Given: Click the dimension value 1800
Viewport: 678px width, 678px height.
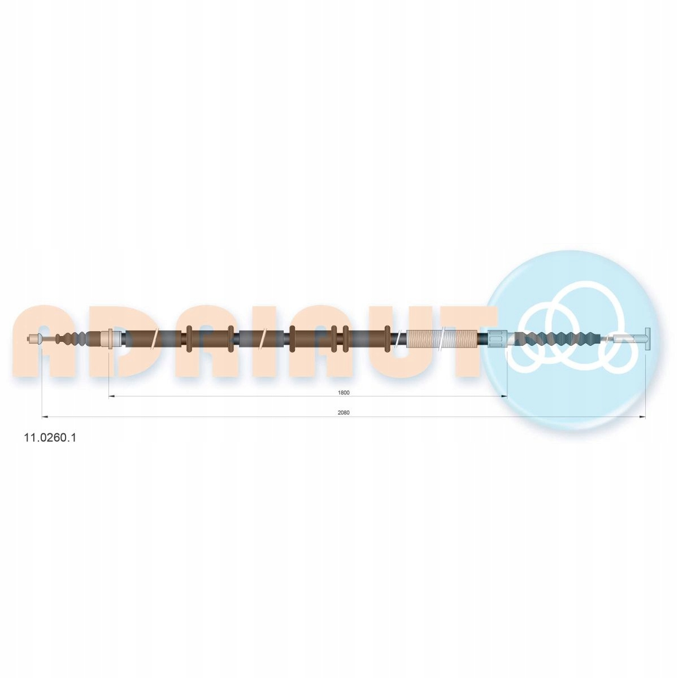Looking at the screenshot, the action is [x=344, y=392].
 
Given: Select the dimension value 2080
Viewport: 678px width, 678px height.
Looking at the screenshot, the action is [x=344, y=412].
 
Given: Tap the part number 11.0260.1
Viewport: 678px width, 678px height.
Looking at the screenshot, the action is [x=50, y=437].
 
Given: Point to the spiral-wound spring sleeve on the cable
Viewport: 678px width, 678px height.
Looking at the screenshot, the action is [x=441, y=339].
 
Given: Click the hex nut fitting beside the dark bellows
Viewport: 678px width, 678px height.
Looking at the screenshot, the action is [x=496, y=338].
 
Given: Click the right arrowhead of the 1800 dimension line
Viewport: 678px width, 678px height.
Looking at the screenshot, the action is [x=504, y=397].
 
